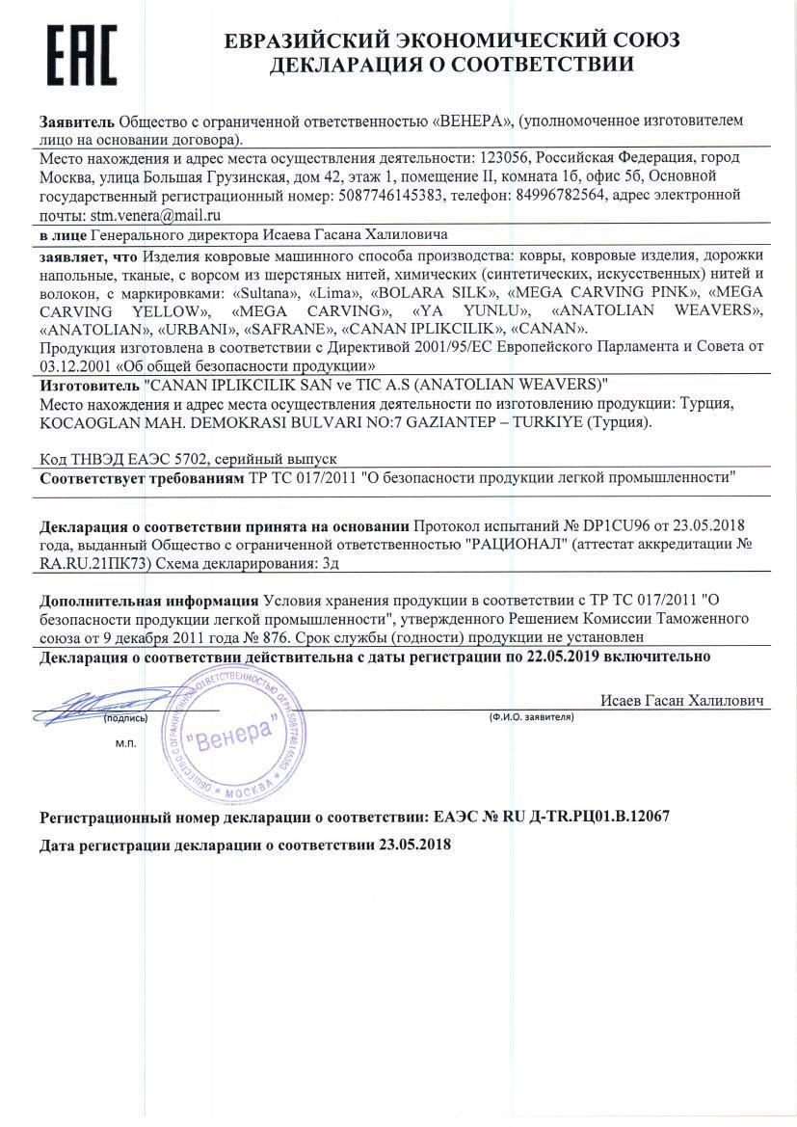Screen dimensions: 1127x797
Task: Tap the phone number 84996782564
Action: [524, 197]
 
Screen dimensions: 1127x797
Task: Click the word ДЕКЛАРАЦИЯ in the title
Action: [361, 66]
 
